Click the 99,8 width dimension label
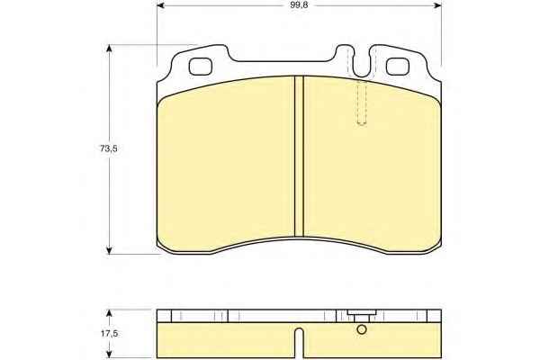pyautogui.click(x=299, y=4)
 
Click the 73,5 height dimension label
pyautogui.click(x=109, y=148)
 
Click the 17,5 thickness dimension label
pyautogui.click(x=109, y=334)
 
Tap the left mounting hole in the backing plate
pyautogui.click(x=200, y=66)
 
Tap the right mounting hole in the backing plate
pyautogui.click(x=398, y=66)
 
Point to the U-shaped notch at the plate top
pyautogui.click(x=362, y=66)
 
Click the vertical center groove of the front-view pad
pyautogui.click(x=299, y=156)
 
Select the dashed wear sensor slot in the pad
pyautogui.click(x=361, y=103)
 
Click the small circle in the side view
pyautogui.click(x=362, y=329)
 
